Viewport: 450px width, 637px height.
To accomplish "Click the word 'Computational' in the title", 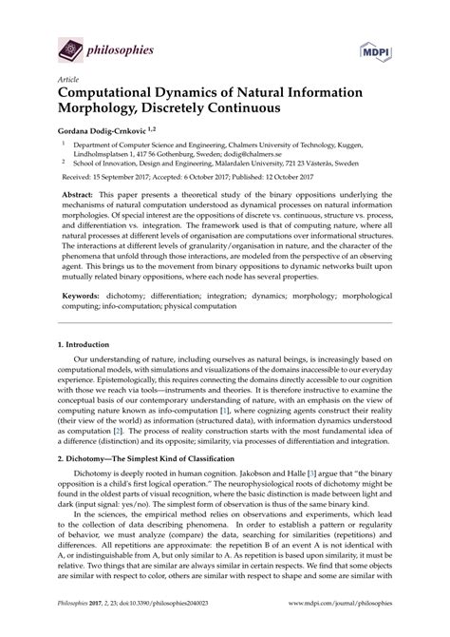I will click(126, 98).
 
